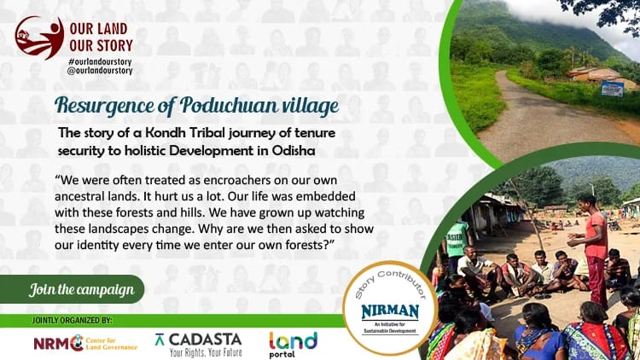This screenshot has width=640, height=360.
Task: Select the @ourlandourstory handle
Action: coord(100,74)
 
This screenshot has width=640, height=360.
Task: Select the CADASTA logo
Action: coord(199,342)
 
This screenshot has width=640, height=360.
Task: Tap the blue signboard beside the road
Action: coord(612,88)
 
